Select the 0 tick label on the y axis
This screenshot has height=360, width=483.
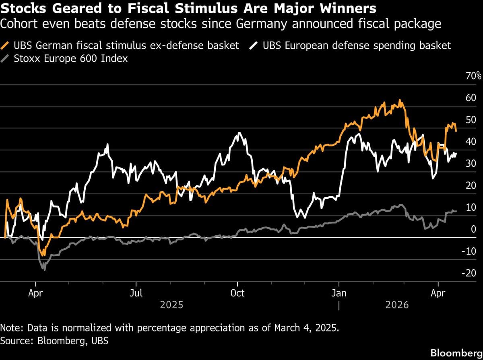pos(473,229)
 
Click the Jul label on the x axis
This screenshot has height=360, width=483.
pos(136,293)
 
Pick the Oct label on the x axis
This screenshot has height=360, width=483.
pos(237,293)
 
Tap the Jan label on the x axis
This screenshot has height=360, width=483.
pos(339,293)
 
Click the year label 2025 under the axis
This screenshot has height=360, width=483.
pos(171,304)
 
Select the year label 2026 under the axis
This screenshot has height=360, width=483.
pos(397,304)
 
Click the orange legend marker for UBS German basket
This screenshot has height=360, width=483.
pos(6,45)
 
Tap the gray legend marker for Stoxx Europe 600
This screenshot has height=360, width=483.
pos(6,59)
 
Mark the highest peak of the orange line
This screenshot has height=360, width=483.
pos(399,100)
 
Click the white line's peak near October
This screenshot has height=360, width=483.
pos(240,132)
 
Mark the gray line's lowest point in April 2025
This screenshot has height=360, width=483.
pos(44,269)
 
